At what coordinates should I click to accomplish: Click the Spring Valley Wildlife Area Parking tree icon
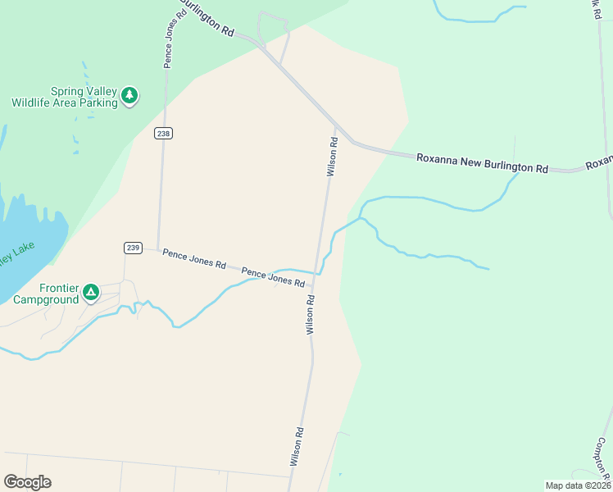click(x=129, y=96)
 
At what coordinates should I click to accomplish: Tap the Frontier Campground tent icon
click(x=91, y=291)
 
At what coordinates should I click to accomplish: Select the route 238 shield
click(x=164, y=133)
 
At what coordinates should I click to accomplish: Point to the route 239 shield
click(x=134, y=247)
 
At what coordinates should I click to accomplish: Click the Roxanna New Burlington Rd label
click(x=482, y=162)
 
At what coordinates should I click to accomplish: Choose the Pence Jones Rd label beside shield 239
click(x=193, y=259)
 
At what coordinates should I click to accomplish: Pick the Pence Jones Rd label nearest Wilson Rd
click(x=273, y=277)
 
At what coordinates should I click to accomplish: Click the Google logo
click(x=27, y=482)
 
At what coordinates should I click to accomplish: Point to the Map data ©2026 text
click(x=578, y=485)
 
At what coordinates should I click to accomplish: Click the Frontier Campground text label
click(x=46, y=294)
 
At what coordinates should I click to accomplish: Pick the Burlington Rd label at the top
click(x=207, y=17)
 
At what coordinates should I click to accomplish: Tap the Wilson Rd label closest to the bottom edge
click(x=297, y=448)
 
